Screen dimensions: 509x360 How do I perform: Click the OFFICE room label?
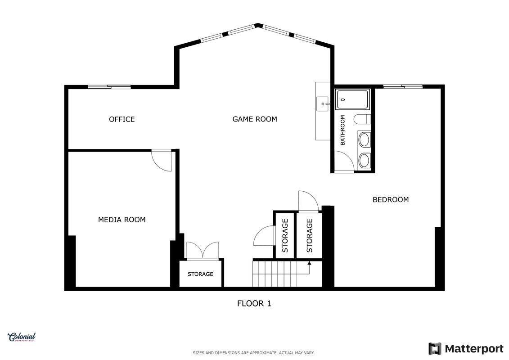coord(122,119)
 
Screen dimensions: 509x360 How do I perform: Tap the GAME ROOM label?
coord(255,119)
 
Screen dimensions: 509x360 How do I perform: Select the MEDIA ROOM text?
coord(122,220)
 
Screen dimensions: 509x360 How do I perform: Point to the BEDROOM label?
coord(391,200)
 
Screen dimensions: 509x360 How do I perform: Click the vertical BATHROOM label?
coord(343,130)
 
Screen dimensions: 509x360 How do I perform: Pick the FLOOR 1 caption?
coord(254,303)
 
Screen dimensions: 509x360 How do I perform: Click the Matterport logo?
coord(466,349)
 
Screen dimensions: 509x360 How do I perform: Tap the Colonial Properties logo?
coord(22,337)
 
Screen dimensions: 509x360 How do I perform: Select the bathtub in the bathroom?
coord(352,99)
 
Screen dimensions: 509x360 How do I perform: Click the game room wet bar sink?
coord(323,104)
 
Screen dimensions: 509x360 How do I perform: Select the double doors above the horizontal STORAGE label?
coord(203,250)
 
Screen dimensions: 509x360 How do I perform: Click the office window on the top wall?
coord(109,87)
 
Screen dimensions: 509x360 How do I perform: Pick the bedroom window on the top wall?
coord(403,86)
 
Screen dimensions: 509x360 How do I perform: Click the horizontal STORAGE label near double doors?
coord(200,274)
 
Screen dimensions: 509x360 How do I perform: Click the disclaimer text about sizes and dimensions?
coord(253,353)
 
